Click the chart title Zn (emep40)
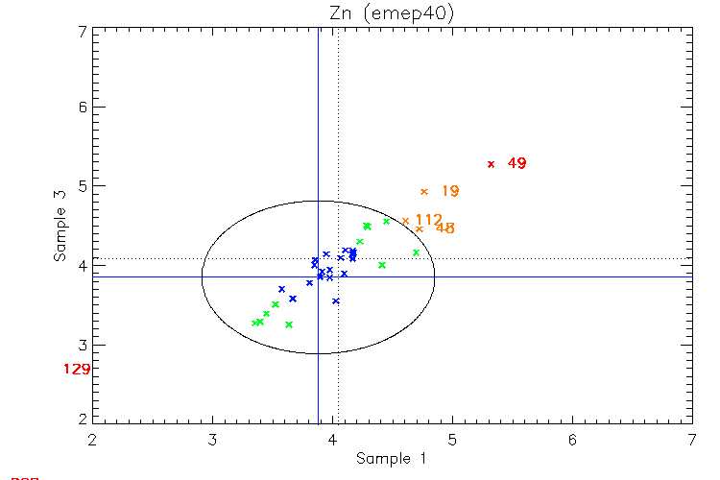pos(392,13)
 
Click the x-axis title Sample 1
pos(391,459)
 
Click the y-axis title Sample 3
pos(60,226)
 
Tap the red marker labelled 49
pos(491,164)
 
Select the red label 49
pos(516,164)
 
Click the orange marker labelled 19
pos(424,192)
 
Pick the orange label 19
pos(449,192)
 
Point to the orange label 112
pos(428,220)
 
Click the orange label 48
pos(444,228)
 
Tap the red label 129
pos(76,370)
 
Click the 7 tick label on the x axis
pos(692,440)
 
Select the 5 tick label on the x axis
pos(452,440)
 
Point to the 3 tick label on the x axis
pos(212,440)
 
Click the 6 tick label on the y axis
pos(84,108)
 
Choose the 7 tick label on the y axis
pos(84,31)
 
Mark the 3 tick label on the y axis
pos(84,345)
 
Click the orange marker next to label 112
pos(405,221)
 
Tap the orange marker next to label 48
pos(419,228)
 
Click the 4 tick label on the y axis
pos(84,266)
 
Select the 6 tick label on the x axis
pos(572,440)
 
